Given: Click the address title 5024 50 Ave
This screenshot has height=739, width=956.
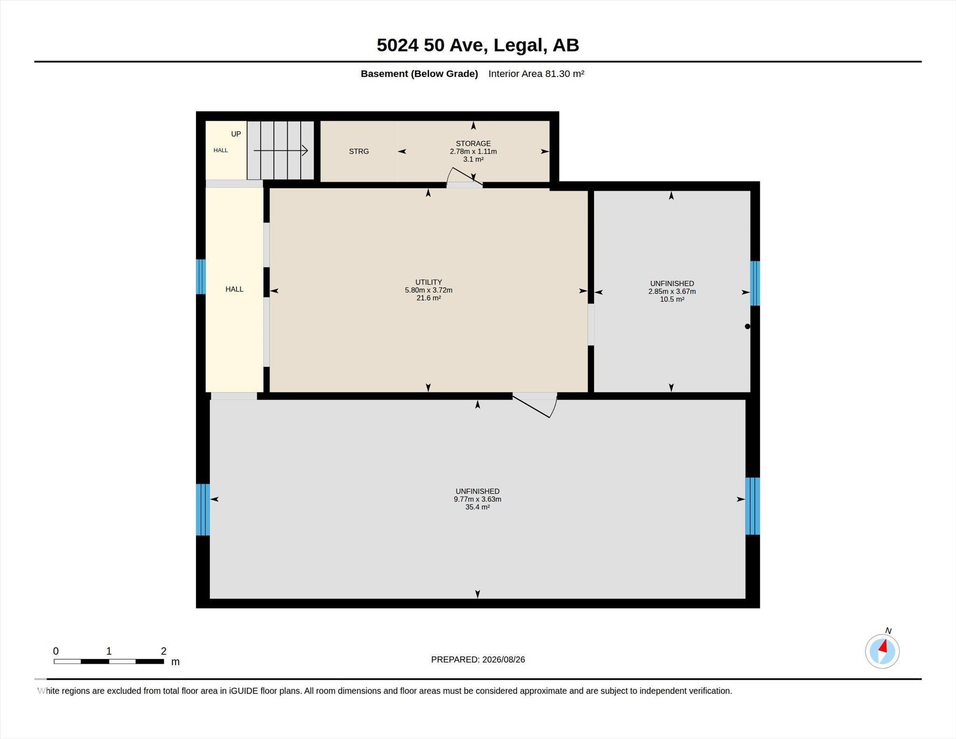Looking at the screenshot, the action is pos(432,45).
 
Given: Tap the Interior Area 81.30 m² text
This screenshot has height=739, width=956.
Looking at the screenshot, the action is pos(536,74).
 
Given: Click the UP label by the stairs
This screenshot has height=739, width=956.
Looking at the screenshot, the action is pos(236,134).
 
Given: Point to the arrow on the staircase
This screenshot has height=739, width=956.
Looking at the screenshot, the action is pos(281,150).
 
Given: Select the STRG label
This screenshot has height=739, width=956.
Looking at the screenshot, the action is pos(359,151).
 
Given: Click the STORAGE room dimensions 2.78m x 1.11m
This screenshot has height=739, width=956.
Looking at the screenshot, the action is pos(473,151).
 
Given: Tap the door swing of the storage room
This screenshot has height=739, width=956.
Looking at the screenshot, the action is pos(464,176).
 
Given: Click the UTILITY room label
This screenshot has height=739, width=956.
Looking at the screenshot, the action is pos(429,282).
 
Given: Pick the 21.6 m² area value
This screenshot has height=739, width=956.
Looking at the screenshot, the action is pos(429,298).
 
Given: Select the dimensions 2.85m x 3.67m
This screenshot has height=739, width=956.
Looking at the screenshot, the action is pos(672,291).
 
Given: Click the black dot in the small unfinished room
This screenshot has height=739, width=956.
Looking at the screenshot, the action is pos(747,326).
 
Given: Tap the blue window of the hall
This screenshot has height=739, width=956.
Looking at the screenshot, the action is pos(201,276).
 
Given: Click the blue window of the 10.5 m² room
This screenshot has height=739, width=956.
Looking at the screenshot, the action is pos(755,283).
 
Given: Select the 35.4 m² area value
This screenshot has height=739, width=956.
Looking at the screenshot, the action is pos(478,507).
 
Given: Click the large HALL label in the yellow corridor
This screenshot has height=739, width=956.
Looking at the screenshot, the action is pos(234,289).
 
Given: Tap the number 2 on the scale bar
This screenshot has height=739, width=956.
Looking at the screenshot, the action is pos(163,651).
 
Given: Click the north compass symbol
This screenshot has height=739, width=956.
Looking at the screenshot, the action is pos(882,651).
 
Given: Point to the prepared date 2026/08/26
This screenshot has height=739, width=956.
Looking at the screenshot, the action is pos(504,660).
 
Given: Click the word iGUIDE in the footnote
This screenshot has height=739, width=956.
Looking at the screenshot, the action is pos(243,691).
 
